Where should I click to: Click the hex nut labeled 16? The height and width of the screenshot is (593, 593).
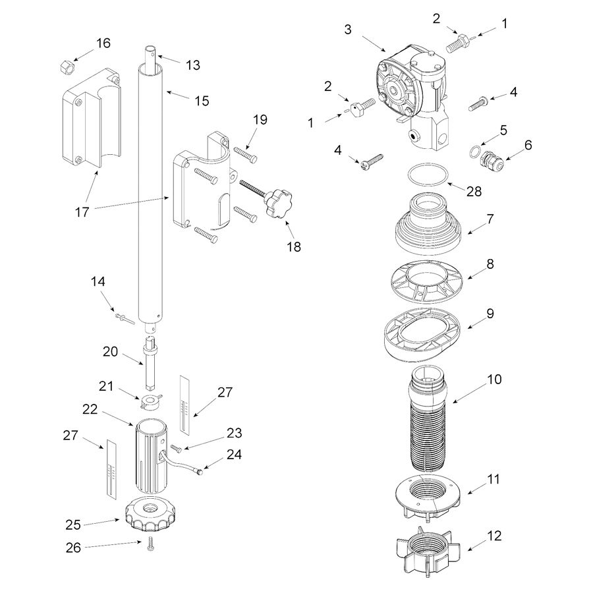pos(66,66)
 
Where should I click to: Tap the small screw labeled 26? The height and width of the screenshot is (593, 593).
pos(151,547)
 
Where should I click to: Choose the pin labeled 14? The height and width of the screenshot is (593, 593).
pos(123,318)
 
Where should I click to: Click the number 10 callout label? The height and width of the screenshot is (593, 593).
pos(494,380)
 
